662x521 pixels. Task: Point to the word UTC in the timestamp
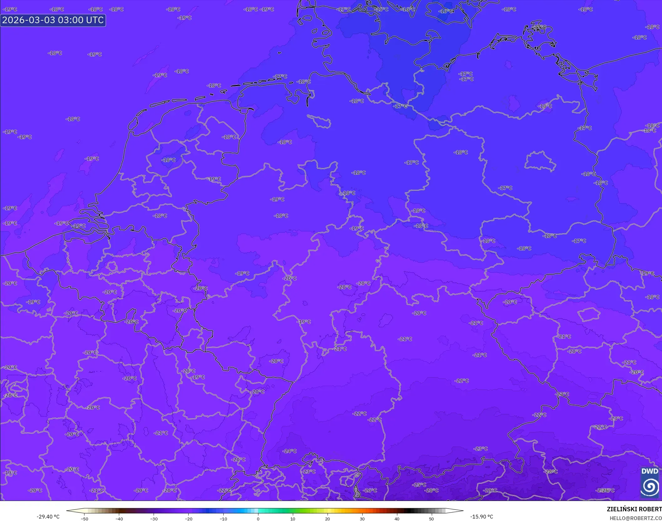click(x=94, y=20)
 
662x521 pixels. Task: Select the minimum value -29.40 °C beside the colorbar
click(x=48, y=517)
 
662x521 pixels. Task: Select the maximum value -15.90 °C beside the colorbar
click(x=481, y=517)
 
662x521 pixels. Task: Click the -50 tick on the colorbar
click(x=84, y=519)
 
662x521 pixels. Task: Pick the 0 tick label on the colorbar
click(x=258, y=519)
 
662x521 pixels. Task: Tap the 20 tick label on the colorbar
click(x=327, y=519)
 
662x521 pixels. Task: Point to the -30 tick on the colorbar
click(x=154, y=519)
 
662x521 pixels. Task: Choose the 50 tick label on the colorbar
click(x=431, y=519)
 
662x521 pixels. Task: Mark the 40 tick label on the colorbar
click(x=397, y=519)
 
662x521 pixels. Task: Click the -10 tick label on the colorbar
click(x=223, y=519)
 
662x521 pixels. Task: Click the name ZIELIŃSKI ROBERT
click(x=634, y=509)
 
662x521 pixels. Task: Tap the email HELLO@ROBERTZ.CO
click(x=635, y=518)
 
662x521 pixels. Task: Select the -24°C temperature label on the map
click(x=289, y=451)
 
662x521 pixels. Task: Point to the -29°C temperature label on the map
click(x=490, y=490)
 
